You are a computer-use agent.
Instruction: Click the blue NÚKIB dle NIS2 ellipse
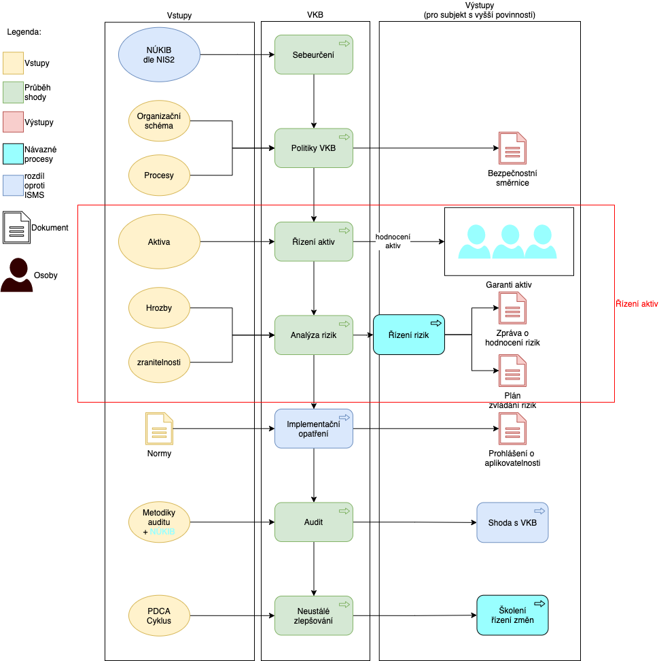159,54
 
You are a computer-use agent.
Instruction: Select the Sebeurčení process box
314,55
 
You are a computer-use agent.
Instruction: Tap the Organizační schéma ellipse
159,121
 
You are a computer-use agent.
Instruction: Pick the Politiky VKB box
314,148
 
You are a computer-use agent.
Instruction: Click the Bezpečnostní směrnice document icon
512,148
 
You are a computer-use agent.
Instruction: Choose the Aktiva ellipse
159,241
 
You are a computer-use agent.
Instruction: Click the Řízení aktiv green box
314,241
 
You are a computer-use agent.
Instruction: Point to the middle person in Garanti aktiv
510,241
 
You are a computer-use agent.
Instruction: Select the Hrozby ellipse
159,308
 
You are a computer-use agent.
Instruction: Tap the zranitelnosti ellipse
159,362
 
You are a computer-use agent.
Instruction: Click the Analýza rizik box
314,335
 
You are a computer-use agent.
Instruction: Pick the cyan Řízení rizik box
409,335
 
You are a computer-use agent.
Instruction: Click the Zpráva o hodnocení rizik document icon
512,308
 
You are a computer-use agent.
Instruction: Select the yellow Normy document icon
159,428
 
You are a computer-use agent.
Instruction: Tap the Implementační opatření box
314,428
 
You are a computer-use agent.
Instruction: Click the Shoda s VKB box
512,522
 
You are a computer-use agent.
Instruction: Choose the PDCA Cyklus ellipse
159,616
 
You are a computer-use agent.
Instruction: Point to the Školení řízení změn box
512,615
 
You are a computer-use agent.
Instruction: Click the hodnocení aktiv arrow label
393,241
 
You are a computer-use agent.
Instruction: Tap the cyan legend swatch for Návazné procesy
13,154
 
